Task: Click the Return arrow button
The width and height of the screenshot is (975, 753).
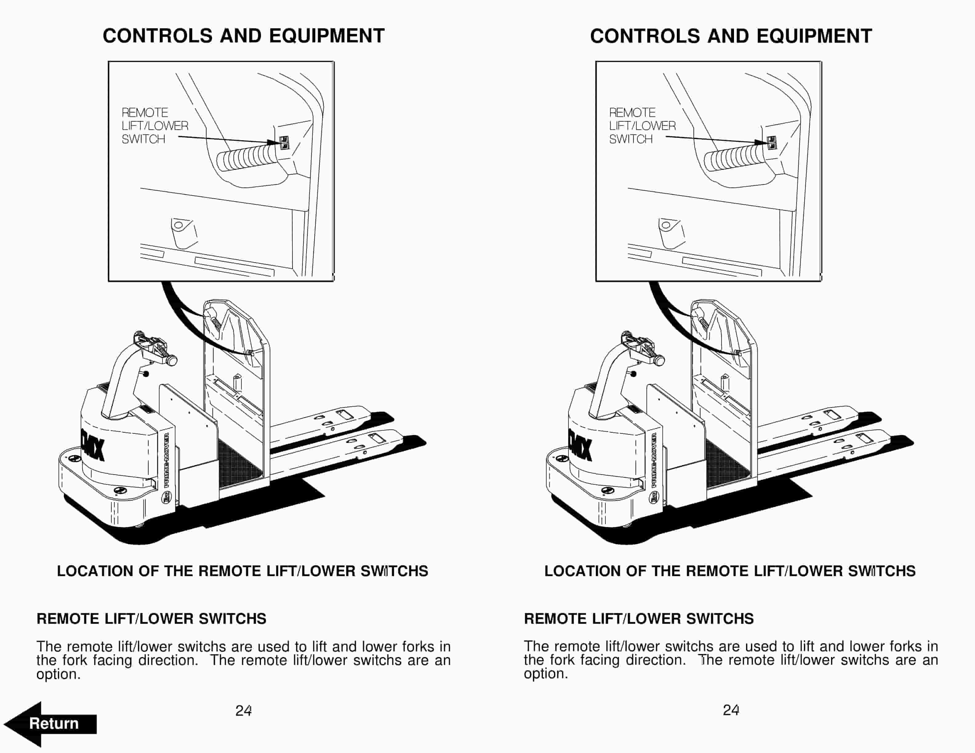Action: point(51,723)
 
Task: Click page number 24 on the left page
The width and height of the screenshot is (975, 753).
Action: point(243,710)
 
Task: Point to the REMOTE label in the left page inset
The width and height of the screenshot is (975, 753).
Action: point(145,112)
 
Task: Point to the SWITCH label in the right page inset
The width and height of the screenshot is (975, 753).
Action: point(630,139)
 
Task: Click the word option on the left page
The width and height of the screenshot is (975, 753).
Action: point(58,674)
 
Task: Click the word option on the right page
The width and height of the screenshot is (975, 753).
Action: point(546,674)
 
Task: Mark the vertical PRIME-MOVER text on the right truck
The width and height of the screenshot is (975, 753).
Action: point(655,460)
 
